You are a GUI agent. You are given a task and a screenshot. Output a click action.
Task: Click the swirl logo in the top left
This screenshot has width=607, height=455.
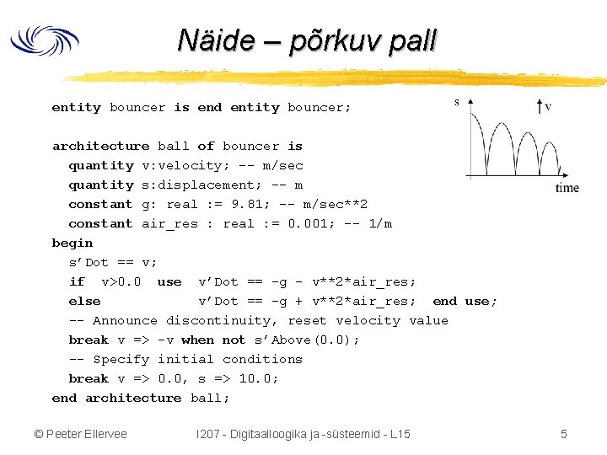[x=44, y=41]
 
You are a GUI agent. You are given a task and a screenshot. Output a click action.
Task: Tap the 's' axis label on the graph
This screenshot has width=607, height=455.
[x=457, y=103]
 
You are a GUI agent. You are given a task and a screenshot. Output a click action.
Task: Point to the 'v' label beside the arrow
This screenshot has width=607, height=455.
[x=549, y=106]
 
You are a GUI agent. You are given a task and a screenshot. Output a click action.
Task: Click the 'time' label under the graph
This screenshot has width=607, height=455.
[x=567, y=187]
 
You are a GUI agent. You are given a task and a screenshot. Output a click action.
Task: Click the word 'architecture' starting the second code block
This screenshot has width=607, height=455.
[x=100, y=146]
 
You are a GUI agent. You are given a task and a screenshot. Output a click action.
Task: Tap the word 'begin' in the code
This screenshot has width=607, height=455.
[x=73, y=243]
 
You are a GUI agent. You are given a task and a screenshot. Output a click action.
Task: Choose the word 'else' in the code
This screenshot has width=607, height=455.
[x=84, y=301]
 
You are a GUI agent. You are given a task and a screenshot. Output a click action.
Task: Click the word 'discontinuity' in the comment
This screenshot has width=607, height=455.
[x=221, y=320]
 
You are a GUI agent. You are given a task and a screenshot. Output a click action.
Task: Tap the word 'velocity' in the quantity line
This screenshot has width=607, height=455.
[x=185, y=165]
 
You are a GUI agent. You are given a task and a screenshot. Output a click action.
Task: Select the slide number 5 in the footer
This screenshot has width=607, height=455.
[x=564, y=434]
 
